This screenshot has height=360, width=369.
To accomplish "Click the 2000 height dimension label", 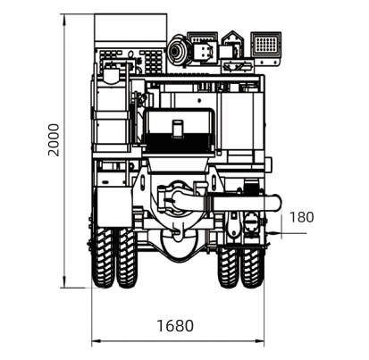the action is [x=54, y=140].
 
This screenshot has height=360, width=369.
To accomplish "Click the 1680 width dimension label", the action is [x=175, y=326].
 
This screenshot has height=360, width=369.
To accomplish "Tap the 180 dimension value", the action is [x=301, y=217].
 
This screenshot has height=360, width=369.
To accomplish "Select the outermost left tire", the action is [x=103, y=257].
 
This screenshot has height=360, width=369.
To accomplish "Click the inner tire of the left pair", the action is [x=127, y=257].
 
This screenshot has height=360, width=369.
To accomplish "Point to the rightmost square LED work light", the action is [x=265, y=44].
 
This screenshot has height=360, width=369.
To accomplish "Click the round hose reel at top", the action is [x=178, y=51].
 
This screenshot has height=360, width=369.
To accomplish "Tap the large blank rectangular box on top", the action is [x=130, y=28].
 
